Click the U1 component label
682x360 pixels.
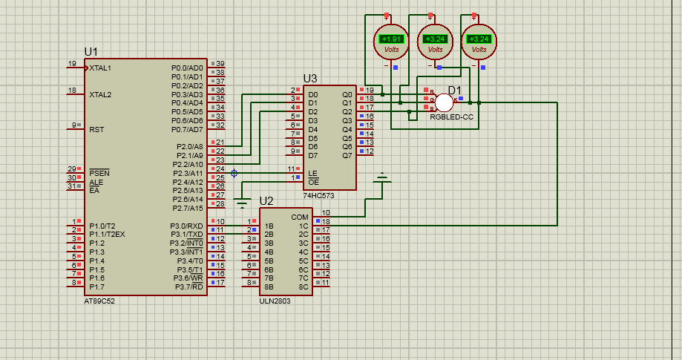[x=91, y=51]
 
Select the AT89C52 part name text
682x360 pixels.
[x=99, y=301]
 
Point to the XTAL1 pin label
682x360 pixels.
[x=100, y=68]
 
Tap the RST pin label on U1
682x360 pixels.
[x=96, y=129]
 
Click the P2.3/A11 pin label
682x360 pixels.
[x=188, y=173]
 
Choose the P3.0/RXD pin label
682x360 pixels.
[x=186, y=226]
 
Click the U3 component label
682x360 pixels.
[x=310, y=78]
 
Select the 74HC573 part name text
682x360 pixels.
[x=318, y=196]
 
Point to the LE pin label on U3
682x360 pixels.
[x=312, y=173]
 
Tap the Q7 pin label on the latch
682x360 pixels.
[x=347, y=156]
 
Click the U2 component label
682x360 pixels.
[x=266, y=201]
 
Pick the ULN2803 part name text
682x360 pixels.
[x=275, y=301]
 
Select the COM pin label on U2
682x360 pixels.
[x=300, y=217]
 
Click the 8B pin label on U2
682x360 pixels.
[x=269, y=287]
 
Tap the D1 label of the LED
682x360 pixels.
[x=455, y=91]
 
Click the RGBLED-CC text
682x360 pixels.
[x=451, y=118]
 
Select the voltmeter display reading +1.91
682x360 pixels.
[x=391, y=39]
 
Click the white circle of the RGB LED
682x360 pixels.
[x=444, y=102]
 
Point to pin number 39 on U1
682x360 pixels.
[x=220, y=64]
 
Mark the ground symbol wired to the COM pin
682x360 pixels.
[x=382, y=178]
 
